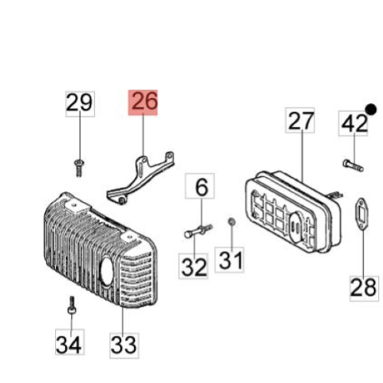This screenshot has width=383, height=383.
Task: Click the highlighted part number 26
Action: [143, 103]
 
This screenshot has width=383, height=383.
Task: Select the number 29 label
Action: [80, 104]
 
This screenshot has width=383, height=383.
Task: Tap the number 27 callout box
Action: [300, 120]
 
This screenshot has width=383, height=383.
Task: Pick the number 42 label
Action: [354, 123]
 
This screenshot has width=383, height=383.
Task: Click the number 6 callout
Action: [200, 186]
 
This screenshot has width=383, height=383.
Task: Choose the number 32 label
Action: [193, 266]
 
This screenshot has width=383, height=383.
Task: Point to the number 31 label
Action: [230, 260]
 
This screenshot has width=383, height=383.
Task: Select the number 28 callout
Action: [364, 289]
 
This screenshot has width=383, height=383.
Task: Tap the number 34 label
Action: [70, 342]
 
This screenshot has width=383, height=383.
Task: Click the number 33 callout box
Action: [124, 345]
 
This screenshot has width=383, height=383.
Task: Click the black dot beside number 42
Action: [371, 110]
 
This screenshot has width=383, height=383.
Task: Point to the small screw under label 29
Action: [79, 167]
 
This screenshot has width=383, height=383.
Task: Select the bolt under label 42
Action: [353, 165]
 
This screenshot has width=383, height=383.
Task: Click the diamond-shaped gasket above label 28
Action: [362, 214]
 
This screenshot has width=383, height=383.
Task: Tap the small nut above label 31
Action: [232, 222]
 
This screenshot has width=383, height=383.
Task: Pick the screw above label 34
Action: [72, 306]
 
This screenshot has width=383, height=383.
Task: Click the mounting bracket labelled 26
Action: [140, 178]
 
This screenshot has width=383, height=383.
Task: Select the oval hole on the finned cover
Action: [106, 271]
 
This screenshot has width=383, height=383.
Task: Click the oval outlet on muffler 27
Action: [296, 226]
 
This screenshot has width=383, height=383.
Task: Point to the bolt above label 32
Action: [198, 231]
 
